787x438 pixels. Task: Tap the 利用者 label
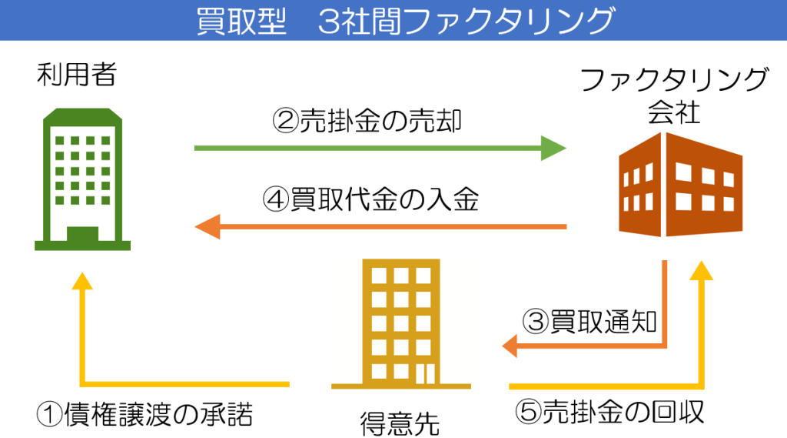(77, 74)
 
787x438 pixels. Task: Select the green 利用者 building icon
(82, 179)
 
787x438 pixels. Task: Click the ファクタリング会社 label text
(674, 95)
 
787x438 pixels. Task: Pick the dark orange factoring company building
(680, 185)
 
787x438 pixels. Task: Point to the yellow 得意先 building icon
(401, 324)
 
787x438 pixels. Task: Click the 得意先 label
(400, 424)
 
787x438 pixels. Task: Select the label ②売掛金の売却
(367, 121)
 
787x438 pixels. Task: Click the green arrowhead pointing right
(553, 148)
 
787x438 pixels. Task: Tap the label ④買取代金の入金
(371, 199)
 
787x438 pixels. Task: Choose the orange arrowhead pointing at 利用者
(208, 227)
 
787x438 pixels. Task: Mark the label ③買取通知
(589, 321)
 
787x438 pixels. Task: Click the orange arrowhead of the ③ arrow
(510, 346)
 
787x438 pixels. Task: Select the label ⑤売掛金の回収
(610, 412)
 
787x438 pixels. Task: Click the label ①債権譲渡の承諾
(144, 414)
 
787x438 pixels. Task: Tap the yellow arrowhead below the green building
(82, 281)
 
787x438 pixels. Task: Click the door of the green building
(82, 234)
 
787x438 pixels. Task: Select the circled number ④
(276, 199)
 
